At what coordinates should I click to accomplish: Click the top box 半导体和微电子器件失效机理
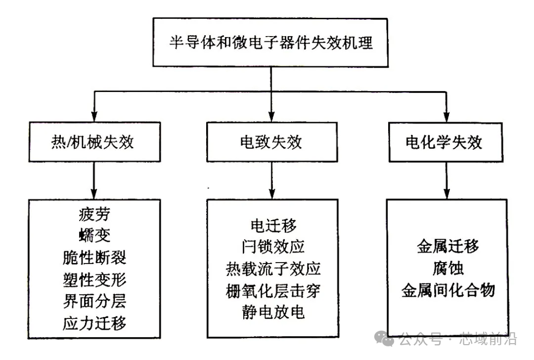tap(270, 43)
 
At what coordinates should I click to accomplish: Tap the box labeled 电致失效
tap(270, 142)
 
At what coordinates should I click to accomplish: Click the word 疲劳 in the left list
tap(94, 215)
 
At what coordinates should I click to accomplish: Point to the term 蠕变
tap(94, 236)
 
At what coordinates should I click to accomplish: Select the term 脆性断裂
tap(94, 258)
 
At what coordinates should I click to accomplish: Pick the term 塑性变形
tap(94, 279)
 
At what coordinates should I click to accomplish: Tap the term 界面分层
tap(94, 301)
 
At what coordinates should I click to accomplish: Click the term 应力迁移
tap(94, 323)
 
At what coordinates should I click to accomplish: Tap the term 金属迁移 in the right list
tap(447, 246)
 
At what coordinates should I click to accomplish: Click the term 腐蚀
tap(447, 268)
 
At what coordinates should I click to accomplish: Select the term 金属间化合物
tap(447, 289)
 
